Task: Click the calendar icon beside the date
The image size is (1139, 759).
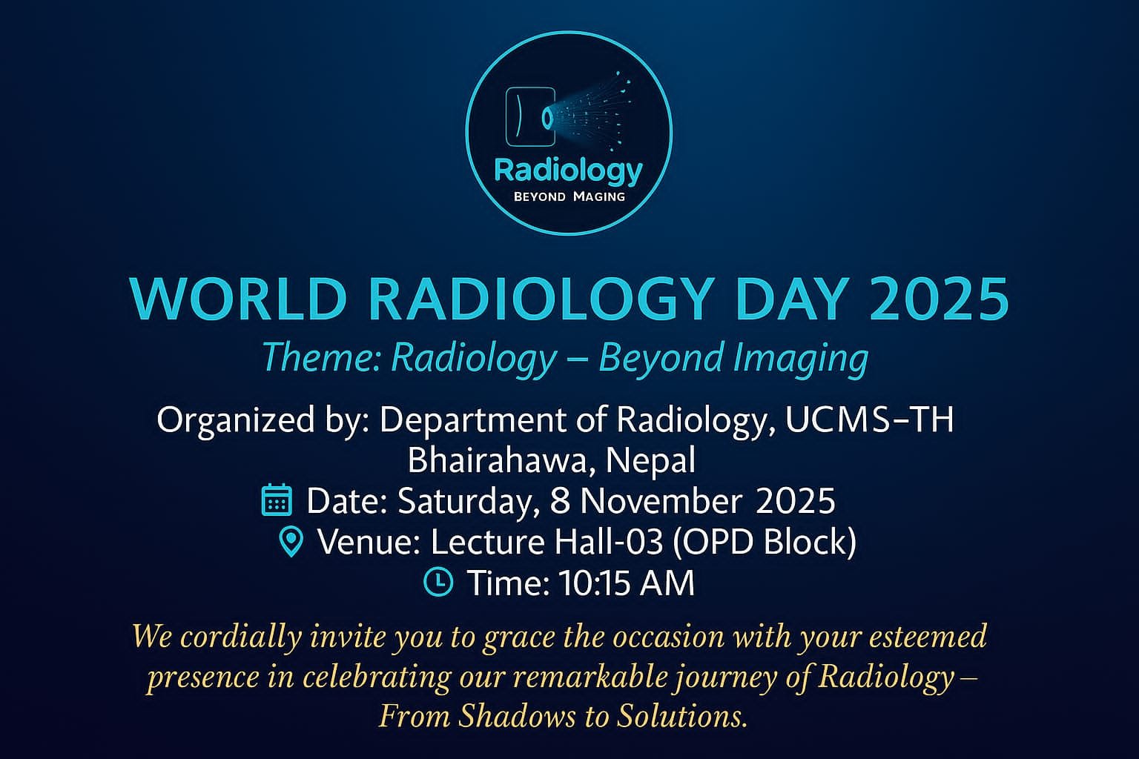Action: click(277, 500)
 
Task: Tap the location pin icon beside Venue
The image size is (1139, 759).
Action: click(291, 542)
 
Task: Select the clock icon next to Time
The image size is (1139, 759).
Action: click(438, 582)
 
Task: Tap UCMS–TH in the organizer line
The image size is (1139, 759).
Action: click(869, 420)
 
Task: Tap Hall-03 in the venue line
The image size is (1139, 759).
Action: click(609, 542)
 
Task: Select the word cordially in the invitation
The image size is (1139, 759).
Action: click(242, 637)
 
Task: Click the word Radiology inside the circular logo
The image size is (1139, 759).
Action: click(569, 171)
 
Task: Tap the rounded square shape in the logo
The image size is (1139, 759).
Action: click(530, 116)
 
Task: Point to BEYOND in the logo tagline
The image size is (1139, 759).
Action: click(540, 196)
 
